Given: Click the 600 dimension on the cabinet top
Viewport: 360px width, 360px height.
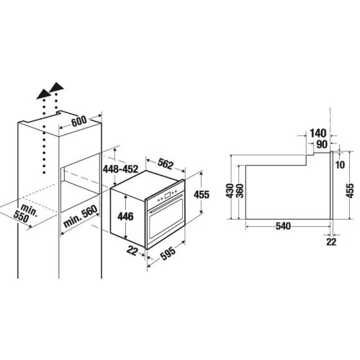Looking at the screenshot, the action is (x=79, y=121).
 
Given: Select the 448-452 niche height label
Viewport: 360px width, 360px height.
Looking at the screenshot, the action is (x=120, y=169).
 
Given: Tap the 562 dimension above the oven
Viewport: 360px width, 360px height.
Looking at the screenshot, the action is (x=166, y=163).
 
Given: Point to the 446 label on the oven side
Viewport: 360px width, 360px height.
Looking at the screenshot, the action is (x=125, y=217).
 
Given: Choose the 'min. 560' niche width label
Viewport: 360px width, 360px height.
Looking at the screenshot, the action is (x=81, y=216).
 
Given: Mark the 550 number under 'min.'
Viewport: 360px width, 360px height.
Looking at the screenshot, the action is (x=21, y=217).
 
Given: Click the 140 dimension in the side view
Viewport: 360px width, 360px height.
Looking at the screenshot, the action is (x=318, y=133).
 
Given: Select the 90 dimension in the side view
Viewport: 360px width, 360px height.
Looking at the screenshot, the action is (x=322, y=144).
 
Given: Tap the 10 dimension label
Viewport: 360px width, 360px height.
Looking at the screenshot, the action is (x=340, y=165).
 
